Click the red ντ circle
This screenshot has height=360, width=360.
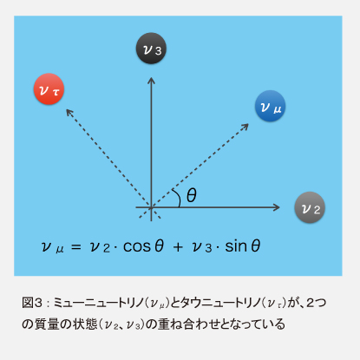click(x=49, y=88)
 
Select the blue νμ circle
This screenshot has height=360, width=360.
click(x=270, y=106)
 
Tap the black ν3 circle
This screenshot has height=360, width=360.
click(x=151, y=49)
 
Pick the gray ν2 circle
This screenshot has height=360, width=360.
click(x=310, y=207)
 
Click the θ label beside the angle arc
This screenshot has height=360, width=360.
click(x=192, y=195)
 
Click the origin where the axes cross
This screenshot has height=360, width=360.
click(x=151, y=207)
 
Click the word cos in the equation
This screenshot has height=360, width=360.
click(x=137, y=246)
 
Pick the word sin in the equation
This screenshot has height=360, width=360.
click(x=236, y=246)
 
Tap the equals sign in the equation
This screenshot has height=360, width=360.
click(x=76, y=246)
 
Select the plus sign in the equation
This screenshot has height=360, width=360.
click(x=178, y=246)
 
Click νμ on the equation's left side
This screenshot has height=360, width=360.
click(x=52, y=247)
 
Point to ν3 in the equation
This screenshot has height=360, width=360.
click(x=202, y=247)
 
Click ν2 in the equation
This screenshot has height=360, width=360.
click(x=100, y=247)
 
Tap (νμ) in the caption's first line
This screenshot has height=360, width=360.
click(x=156, y=303)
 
